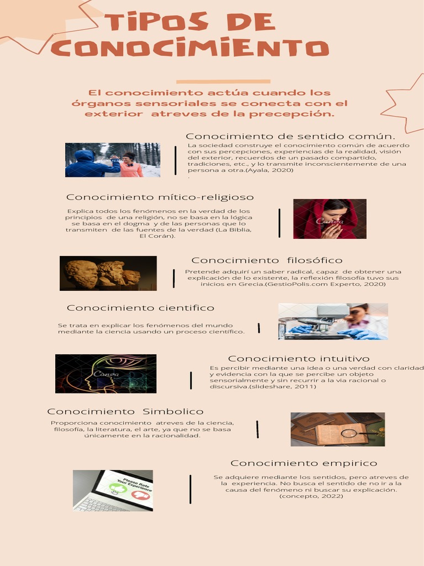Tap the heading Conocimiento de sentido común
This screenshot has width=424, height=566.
click(290, 137)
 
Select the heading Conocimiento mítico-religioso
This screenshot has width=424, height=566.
click(160, 197)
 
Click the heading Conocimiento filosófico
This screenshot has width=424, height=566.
click(267, 260)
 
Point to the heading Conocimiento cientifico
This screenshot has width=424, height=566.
click(140, 308)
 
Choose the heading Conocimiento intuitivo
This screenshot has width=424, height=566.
click(299, 359)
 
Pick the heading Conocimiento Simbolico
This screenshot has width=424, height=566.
click(125, 412)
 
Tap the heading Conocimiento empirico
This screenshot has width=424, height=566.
click(304, 463)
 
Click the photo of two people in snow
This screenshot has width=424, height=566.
click(113, 160)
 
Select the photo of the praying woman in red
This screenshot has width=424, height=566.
click(330, 219)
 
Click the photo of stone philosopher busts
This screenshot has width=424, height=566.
click(108, 273)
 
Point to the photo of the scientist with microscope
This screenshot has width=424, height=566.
click(333, 321)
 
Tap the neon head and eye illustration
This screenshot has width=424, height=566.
click(105, 374)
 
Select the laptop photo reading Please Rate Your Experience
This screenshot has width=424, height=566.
click(113, 490)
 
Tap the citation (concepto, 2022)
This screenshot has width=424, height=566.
click(311, 496)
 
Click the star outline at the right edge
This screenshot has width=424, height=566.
click(405, 104)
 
